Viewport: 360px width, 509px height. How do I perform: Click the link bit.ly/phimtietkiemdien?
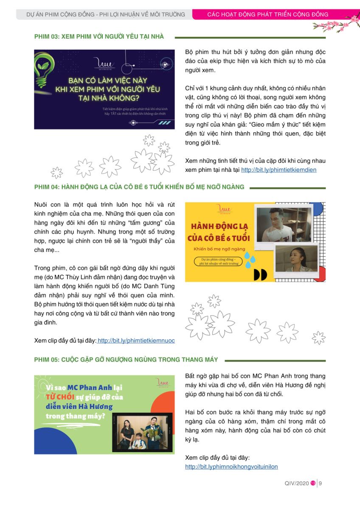(x=278, y=170)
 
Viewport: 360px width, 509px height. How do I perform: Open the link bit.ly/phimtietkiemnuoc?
(x=136, y=341)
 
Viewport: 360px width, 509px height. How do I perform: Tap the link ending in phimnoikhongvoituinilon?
(x=231, y=467)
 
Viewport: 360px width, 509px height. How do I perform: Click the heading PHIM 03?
(x=99, y=37)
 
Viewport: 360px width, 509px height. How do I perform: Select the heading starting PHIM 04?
(x=139, y=187)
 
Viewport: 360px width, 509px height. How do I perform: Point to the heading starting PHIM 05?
(x=126, y=360)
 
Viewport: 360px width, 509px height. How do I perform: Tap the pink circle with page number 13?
(x=313, y=483)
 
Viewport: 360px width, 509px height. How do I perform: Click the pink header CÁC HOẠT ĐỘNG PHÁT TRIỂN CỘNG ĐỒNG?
(x=267, y=14)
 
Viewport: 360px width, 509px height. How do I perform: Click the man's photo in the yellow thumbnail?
(x=281, y=224)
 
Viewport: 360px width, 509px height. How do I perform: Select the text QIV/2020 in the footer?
(x=297, y=483)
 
